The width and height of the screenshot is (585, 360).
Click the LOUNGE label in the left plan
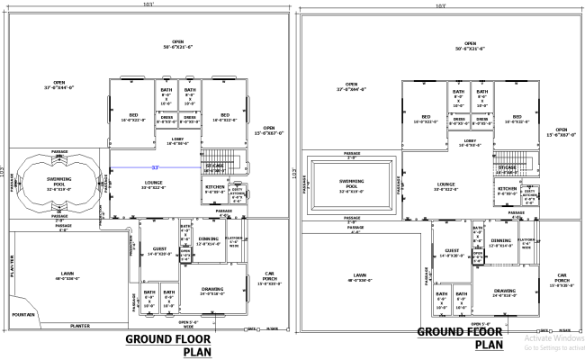[x=151, y=184]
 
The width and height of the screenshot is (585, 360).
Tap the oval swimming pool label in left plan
[x=58, y=182]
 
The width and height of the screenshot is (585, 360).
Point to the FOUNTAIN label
[x=24, y=314]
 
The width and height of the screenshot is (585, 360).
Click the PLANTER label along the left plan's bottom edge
[x=82, y=324]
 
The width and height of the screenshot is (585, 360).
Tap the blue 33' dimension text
[x=155, y=168]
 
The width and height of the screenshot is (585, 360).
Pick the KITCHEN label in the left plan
[x=214, y=189]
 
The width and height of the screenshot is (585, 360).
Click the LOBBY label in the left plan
[x=177, y=140]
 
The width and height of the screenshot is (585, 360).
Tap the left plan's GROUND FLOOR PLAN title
[x=171, y=346]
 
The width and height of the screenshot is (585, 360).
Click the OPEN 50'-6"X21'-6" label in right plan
[x=469, y=46]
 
